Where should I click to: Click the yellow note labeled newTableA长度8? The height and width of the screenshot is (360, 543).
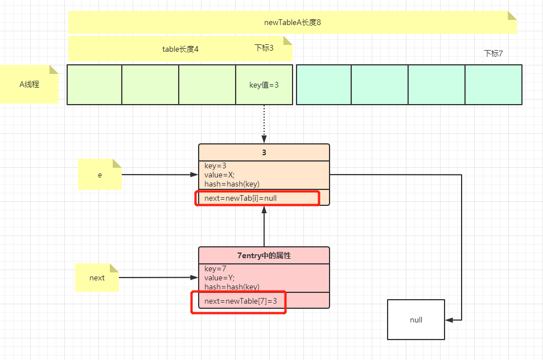(x=293, y=23)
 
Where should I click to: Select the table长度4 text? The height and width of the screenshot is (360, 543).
(x=180, y=49)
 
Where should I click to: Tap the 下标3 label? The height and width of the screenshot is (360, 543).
(x=264, y=48)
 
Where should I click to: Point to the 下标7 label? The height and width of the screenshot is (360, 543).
(x=493, y=53)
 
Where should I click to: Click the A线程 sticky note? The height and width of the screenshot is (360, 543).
(x=29, y=84)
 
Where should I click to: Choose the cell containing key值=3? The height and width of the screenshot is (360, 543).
(x=264, y=85)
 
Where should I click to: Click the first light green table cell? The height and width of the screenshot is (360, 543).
(x=94, y=85)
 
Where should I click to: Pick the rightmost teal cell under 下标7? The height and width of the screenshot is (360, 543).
(x=493, y=85)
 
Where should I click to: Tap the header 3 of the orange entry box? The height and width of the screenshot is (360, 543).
(x=264, y=152)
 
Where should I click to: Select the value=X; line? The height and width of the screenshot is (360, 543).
(x=219, y=175)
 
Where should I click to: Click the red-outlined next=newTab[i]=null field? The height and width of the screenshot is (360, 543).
(x=257, y=198)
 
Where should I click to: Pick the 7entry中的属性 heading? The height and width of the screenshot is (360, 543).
(x=264, y=255)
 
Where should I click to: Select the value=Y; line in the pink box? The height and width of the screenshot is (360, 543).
(x=219, y=278)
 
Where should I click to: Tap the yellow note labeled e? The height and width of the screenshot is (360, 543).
(x=100, y=175)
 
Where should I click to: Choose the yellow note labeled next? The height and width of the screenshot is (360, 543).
(x=97, y=278)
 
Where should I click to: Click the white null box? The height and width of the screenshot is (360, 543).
(x=416, y=320)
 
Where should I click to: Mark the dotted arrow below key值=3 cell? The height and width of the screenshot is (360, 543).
(x=264, y=124)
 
